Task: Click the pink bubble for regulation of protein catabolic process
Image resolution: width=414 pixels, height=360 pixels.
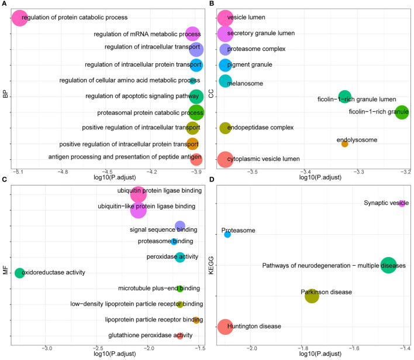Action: click(19, 18)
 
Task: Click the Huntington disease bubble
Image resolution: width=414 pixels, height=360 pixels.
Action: click(225, 327)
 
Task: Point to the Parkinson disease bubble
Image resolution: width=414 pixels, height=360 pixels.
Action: click(312, 296)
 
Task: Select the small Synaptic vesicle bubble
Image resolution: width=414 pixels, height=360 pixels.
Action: click(402, 203)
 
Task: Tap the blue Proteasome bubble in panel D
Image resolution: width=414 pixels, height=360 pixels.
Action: click(227, 235)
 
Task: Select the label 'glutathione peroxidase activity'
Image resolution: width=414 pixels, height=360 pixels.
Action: click(150, 336)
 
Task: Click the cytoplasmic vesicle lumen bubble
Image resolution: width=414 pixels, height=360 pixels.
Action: click(226, 159)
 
